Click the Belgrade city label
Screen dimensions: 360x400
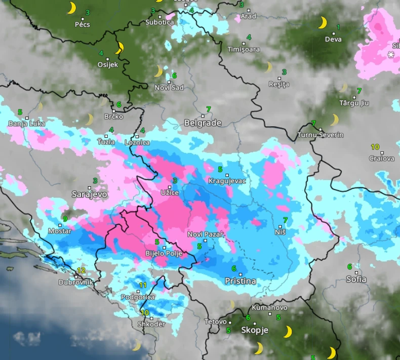pyautogui.click(x=203, y=123)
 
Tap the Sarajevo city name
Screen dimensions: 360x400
pyautogui.click(x=90, y=194)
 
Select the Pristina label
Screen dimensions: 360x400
pyautogui.click(x=241, y=281)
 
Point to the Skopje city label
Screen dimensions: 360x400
pyautogui.click(x=254, y=330)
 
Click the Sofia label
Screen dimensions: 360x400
pyautogui.click(x=356, y=279)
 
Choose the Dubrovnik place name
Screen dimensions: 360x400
pyautogui.click(x=75, y=283)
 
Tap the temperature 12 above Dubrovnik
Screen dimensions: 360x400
pyautogui.click(x=81, y=271)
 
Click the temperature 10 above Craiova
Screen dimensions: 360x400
pyautogui.click(x=375, y=147)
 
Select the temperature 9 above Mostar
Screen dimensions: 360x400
pyautogui.click(x=65, y=219)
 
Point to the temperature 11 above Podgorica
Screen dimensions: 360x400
pyautogui.click(x=143, y=285)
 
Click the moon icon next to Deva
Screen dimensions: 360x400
pyautogui.click(x=323, y=23)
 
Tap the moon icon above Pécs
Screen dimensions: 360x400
pyautogui.click(x=72, y=8)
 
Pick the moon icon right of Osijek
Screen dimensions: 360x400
pyautogui.click(x=119, y=48)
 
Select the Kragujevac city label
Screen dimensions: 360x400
pyautogui.click(x=227, y=181)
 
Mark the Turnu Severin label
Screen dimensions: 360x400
pyautogui.click(x=320, y=135)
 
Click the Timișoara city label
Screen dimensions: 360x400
pyautogui.click(x=244, y=50)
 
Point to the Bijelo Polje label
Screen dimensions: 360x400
pyautogui.click(x=163, y=253)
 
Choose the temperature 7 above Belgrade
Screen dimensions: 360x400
pyautogui.click(x=208, y=109)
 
